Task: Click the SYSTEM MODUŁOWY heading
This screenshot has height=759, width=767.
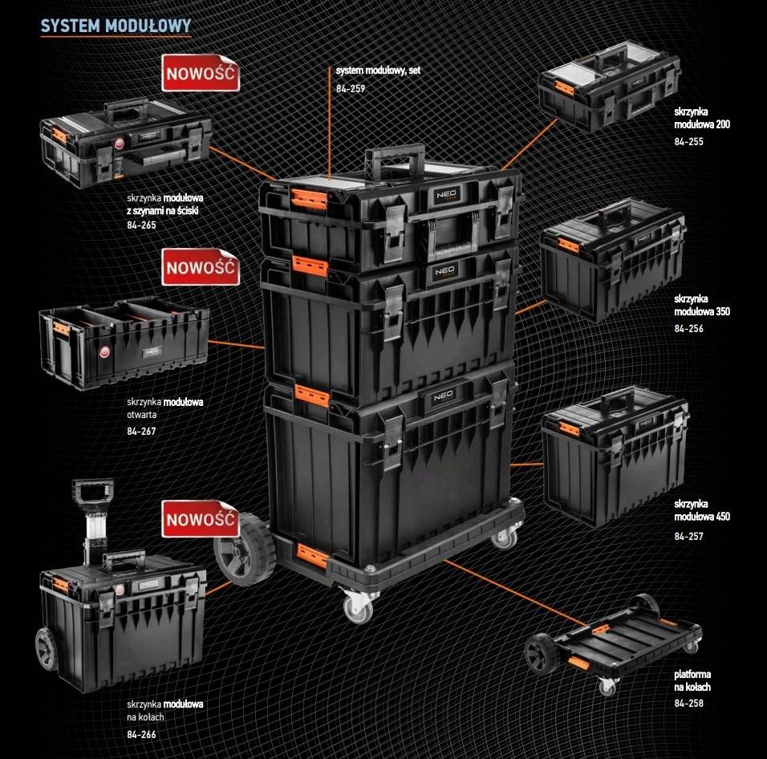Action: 116,25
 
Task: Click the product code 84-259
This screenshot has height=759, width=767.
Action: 351,88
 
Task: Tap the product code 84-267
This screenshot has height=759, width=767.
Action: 141,431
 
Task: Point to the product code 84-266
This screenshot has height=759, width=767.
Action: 141,733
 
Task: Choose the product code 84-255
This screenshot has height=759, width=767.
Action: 688,141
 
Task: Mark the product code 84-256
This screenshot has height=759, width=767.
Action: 688,328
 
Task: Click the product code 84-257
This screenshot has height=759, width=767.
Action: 688,536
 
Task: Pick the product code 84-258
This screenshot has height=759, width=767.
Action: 688,703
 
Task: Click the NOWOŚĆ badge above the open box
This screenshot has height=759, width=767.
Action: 201,267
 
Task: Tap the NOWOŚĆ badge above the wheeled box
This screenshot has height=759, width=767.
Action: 201,520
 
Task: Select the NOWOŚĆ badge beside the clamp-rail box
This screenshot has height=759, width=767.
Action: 201,74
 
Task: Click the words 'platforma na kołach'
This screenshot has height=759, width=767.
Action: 692,680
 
